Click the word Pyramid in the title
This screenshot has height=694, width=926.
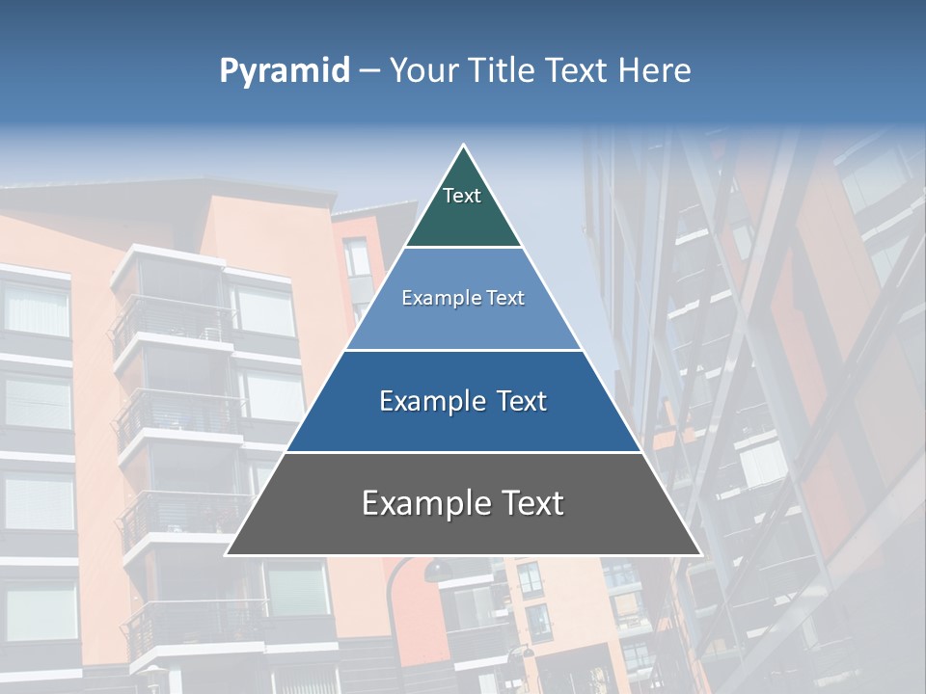(284, 71)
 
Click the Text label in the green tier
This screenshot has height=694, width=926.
(462, 196)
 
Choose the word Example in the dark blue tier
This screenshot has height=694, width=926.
(429, 401)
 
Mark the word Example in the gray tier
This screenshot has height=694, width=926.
(422, 503)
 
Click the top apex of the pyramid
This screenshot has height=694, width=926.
(463, 146)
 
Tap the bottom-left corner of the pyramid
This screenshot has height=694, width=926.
(227, 554)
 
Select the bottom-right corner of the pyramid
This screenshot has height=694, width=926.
(699, 554)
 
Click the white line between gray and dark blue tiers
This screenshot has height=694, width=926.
(463, 452)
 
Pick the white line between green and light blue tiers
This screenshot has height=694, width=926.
(463, 248)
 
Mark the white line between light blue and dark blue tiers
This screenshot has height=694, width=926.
(463, 350)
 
